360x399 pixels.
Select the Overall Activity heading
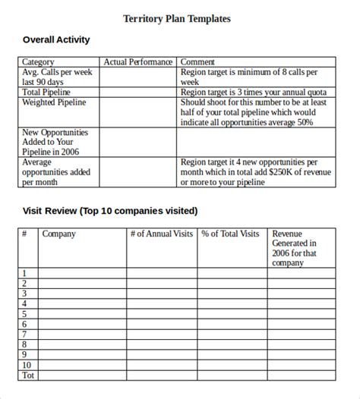click(56, 39)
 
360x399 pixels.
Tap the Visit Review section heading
click(109, 210)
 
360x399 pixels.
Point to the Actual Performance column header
click(137, 62)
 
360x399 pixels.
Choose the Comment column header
click(198, 62)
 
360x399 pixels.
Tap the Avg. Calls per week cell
click(58, 77)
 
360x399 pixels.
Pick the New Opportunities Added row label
click(55, 142)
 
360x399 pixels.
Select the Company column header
click(58, 234)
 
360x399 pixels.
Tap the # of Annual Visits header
click(162, 234)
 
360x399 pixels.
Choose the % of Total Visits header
click(230, 234)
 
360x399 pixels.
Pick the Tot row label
click(28, 375)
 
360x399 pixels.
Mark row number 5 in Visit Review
click(25, 313)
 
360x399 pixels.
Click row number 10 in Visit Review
click(27, 364)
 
